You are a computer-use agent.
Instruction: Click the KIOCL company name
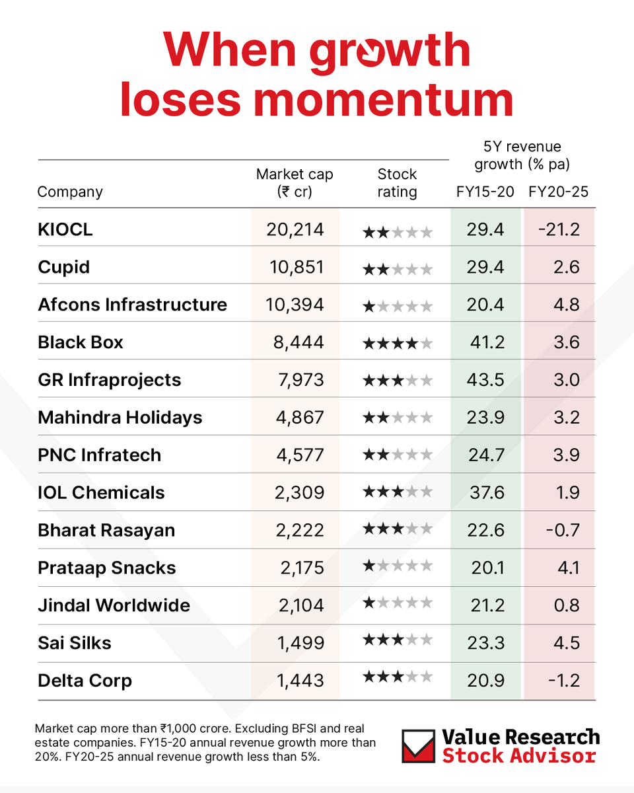point(65,229)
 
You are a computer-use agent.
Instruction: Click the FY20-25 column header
point(558,192)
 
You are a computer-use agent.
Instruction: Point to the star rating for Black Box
point(398,344)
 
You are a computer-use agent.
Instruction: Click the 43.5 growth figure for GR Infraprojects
point(485,380)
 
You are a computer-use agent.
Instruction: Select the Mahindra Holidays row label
point(120,418)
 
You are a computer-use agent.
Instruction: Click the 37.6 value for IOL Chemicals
point(485,493)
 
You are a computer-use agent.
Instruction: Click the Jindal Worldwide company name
point(114,605)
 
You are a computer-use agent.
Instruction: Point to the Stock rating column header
point(397,183)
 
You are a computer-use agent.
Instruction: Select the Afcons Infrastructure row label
point(132,305)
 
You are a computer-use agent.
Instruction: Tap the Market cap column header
point(295,183)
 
